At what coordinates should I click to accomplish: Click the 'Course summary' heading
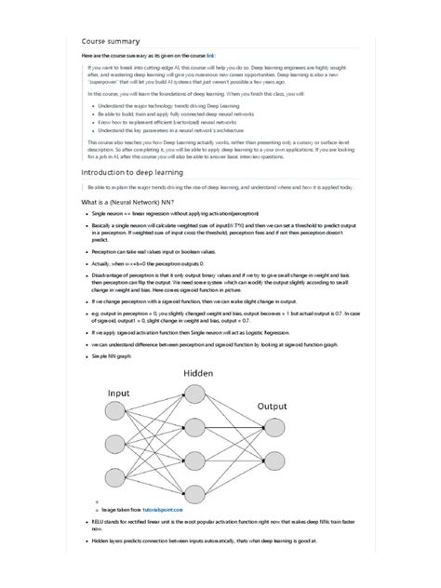click(111, 41)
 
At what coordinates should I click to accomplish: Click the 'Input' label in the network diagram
click(118, 394)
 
